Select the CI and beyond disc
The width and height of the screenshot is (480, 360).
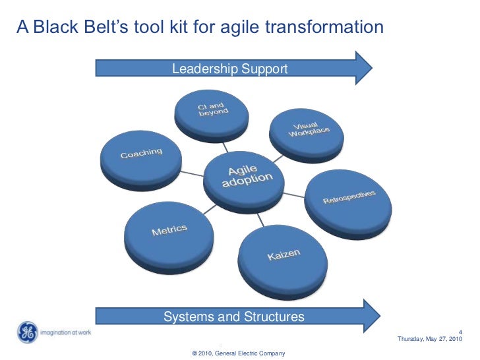pyautogui.click(x=212, y=113)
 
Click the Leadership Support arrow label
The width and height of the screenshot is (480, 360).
pyautogui.click(x=229, y=69)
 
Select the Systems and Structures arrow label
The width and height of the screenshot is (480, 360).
pyautogui.click(x=233, y=317)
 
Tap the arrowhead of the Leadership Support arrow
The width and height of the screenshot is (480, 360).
pyautogui.click(x=364, y=68)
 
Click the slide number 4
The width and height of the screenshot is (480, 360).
pyautogui.click(x=460, y=331)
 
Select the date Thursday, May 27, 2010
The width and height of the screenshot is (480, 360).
pyautogui.click(x=430, y=339)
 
